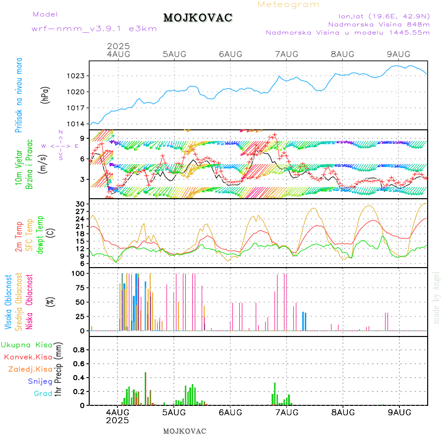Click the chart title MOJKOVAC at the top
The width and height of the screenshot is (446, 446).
pos(198,18)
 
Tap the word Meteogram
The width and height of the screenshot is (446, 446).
pos(288,4)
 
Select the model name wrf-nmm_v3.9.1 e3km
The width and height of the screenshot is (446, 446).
pos(94,29)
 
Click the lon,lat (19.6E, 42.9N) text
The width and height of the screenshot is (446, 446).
pos(384,16)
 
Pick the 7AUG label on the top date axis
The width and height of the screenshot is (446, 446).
pos(286,54)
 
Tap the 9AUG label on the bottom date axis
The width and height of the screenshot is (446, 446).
pos(399,412)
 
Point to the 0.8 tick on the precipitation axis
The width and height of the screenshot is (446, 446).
pos(79,349)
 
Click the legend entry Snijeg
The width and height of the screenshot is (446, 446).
pos(40,381)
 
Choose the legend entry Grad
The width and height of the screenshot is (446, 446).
pos(43,393)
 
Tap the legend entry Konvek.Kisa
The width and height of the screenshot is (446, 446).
pos(28,357)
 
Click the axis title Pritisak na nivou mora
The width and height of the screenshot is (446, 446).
pos(19,95)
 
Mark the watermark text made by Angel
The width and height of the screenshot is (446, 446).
pos(437,297)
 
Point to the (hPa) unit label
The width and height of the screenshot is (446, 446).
pos(46,95)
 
